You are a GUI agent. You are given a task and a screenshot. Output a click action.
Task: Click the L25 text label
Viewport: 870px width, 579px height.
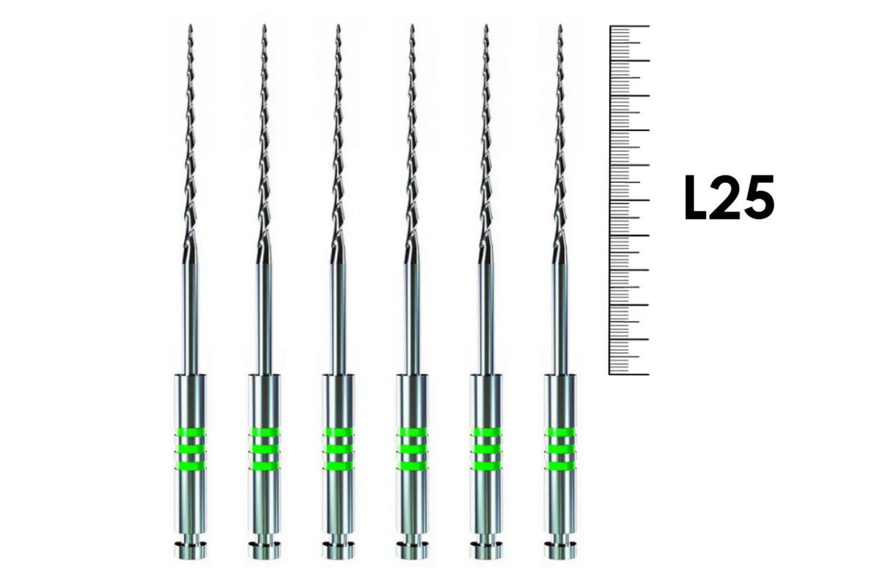pyautogui.click(x=729, y=197)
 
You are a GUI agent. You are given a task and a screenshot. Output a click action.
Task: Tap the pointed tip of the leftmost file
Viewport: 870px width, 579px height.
pyautogui.click(x=190, y=25)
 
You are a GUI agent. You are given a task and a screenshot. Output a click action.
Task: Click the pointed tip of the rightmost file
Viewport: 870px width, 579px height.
pyautogui.click(x=560, y=25)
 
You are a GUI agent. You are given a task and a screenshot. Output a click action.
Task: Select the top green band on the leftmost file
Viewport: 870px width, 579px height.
pyautogui.click(x=190, y=432)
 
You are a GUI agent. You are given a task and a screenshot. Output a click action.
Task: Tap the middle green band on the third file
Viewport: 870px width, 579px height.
pyautogui.click(x=339, y=449)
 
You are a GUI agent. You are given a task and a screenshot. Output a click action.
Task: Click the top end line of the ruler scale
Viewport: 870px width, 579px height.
pyautogui.click(x=629, y=26)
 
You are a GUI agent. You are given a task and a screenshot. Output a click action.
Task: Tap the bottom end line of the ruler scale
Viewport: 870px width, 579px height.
pyautogui.click(x=629, y=375)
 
